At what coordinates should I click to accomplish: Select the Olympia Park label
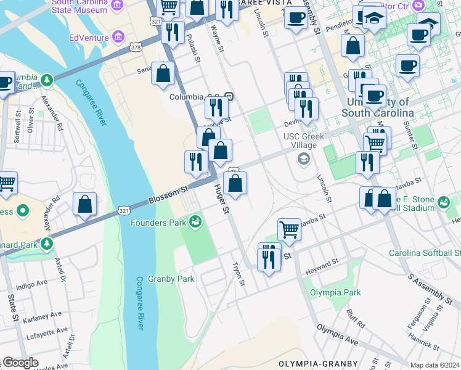click(x=335, y=292)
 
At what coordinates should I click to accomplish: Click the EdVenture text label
click(x=88, y=38)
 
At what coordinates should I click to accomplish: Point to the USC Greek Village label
click(x=300, y=141)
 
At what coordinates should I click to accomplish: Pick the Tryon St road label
click(x=239, y=275)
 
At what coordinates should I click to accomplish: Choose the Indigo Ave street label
click(x=31, y=284)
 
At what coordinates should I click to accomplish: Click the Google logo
click(x=20, y=363)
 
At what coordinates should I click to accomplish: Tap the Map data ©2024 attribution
click(x=434, y=365)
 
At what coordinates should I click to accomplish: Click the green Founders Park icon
click(x=196, y=221)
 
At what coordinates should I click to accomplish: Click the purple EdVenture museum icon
click(x=119, y=38)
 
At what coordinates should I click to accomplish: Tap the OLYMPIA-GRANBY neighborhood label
click(x=309, y=364)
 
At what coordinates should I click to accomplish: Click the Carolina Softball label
click(x=424, y=253)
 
